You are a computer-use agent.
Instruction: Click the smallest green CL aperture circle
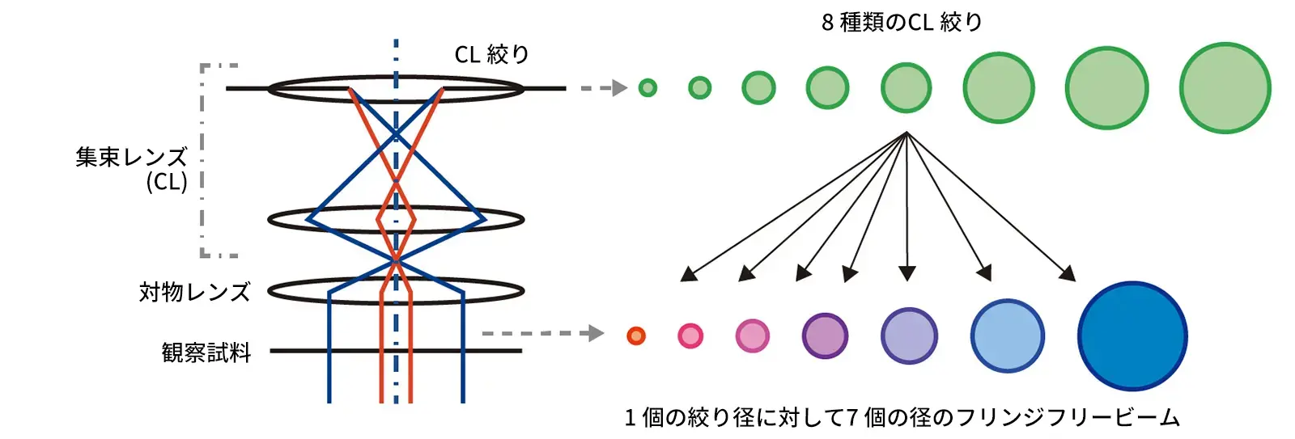click(x=647, y=88)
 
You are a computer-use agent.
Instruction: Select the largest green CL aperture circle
click(x=1225, y=88)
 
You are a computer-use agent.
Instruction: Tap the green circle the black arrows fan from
click(x=906, y=88)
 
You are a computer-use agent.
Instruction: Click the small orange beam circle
click(x=636, y=336)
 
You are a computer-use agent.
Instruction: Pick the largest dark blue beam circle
click(x=1132, y=336)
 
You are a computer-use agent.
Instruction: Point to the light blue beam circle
click(x=1007, y=336)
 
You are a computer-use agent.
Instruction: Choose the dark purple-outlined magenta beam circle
click(x=825, y=336)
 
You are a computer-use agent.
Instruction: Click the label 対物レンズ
click(x=195, y=293)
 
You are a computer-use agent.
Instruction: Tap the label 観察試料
click(x=206, y=352)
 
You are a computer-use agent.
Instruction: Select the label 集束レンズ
click(x=132, y=157)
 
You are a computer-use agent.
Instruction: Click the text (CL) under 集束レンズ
click(x=167, y=183)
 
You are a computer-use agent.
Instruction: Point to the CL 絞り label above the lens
click(x=492, y=54)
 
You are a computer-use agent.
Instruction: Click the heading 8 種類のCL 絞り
click(x=902, y=23)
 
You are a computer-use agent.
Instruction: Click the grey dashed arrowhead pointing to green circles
click(x=620, y=88)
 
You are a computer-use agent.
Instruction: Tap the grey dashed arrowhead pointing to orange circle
click(x=596, y=333)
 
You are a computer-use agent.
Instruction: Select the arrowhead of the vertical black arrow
click(x=907, y=273)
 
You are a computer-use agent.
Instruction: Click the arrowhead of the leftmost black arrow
click(x=688, y=274)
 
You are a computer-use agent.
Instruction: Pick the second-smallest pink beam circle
click(x=690, y=336)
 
